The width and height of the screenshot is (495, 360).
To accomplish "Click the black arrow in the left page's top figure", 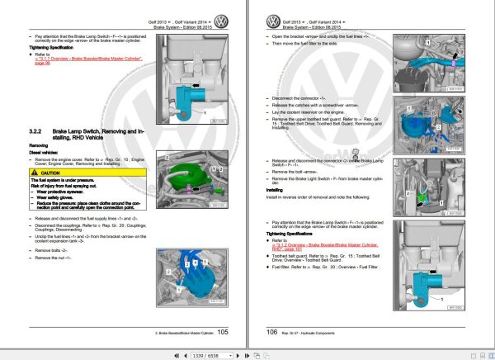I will (196, 83).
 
